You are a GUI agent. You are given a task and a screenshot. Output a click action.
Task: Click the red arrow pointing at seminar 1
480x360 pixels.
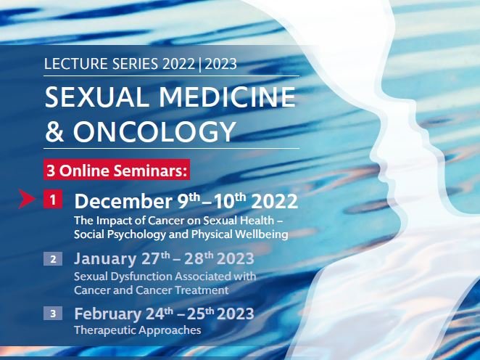pos(27,199)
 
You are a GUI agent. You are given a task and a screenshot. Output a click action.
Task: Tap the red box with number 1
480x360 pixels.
pos(53,200)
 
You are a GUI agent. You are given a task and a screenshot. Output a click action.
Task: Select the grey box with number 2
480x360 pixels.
pos(53,259)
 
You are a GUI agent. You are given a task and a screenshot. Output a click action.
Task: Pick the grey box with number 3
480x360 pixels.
pos(53,314)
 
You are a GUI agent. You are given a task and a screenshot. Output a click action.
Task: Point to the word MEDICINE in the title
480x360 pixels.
pos(227,97)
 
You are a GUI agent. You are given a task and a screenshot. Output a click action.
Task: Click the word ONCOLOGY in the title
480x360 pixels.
pos(154,131)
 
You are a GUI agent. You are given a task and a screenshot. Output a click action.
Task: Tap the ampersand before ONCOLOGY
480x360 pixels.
pos(54,131)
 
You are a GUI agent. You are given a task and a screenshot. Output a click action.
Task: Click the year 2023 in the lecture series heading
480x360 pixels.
pos(220,64)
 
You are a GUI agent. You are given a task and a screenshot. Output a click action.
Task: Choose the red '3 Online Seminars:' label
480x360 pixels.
pos(117,170)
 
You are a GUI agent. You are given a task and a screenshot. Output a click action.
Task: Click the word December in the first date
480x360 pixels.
pos(123,202)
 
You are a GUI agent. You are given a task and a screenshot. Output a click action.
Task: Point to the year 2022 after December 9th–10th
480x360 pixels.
pos(274,202)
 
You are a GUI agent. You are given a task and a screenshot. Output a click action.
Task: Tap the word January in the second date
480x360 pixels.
pos(105,259)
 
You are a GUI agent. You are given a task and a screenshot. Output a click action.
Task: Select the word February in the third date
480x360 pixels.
pos(108,314)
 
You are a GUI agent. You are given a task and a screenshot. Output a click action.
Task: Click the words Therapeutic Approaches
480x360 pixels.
pos(138,330)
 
